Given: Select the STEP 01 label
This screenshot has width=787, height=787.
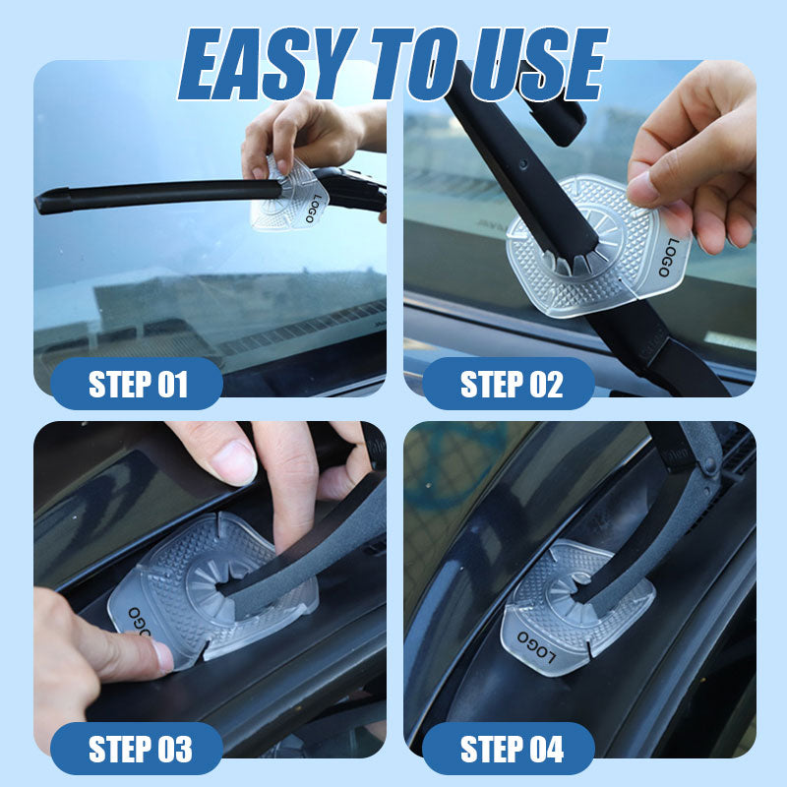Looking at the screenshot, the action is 138,385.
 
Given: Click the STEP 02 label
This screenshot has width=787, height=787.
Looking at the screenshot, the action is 511,385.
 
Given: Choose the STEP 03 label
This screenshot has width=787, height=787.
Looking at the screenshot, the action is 140,749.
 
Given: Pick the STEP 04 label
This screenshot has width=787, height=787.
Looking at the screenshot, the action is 512,749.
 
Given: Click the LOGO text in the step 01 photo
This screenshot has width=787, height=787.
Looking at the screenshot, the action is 314,208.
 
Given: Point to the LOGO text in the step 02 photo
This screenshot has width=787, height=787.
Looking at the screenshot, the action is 669,258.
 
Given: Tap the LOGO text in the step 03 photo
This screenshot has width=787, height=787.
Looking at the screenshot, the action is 139,622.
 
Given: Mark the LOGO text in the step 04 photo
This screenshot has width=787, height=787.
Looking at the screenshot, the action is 536,646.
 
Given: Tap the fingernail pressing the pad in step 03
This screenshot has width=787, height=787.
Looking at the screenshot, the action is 162,657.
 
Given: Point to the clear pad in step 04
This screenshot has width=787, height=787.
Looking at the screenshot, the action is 577,607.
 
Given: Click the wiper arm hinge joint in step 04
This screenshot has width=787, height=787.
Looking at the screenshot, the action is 709,464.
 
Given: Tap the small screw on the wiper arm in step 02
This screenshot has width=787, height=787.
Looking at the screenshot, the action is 523,163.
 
